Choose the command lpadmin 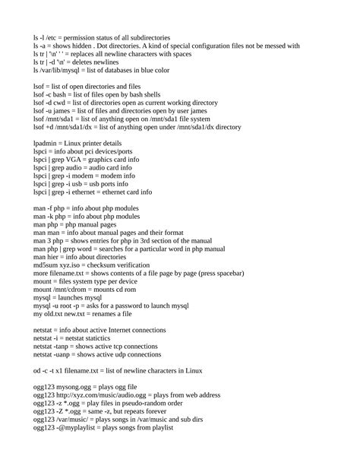click(47, 144)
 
